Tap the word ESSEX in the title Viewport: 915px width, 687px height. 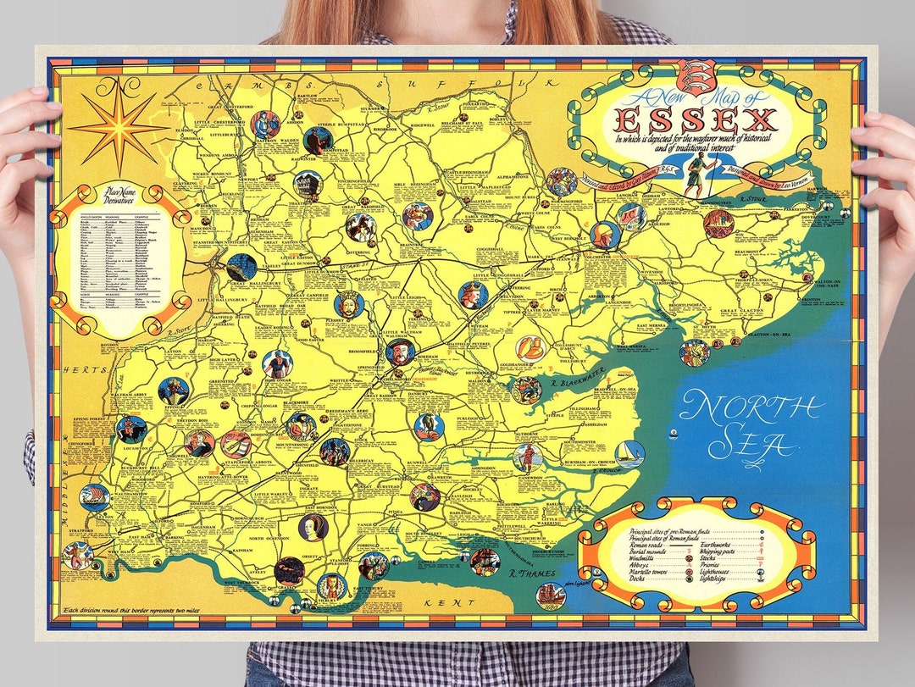(696, 119)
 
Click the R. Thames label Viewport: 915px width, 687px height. (527, 573)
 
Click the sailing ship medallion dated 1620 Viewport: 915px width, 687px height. (551, 594)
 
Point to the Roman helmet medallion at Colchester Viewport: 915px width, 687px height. (604, 234)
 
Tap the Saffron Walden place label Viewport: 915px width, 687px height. (279, 141)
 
